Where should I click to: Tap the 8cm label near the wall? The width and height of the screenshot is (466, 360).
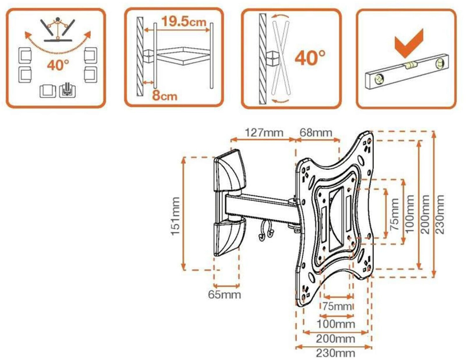click(x=164, y=96)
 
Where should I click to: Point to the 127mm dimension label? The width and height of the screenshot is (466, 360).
click(x=264, y=133)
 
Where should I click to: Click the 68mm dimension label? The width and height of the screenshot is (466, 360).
click(x=316, y=133)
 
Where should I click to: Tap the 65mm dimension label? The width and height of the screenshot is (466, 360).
click(x=224, y=294)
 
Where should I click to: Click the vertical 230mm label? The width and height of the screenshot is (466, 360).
click(x=440, y=214)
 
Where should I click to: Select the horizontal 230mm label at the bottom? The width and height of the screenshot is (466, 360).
click(x=336, y=353)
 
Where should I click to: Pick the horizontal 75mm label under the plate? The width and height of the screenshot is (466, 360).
click(x=337, y=306)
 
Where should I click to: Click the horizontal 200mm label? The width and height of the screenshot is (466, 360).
click(x=336, y=339)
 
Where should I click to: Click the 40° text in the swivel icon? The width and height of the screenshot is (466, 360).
click(x=58, y=65)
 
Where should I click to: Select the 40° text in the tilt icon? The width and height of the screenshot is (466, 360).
click(x=310, y=58)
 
